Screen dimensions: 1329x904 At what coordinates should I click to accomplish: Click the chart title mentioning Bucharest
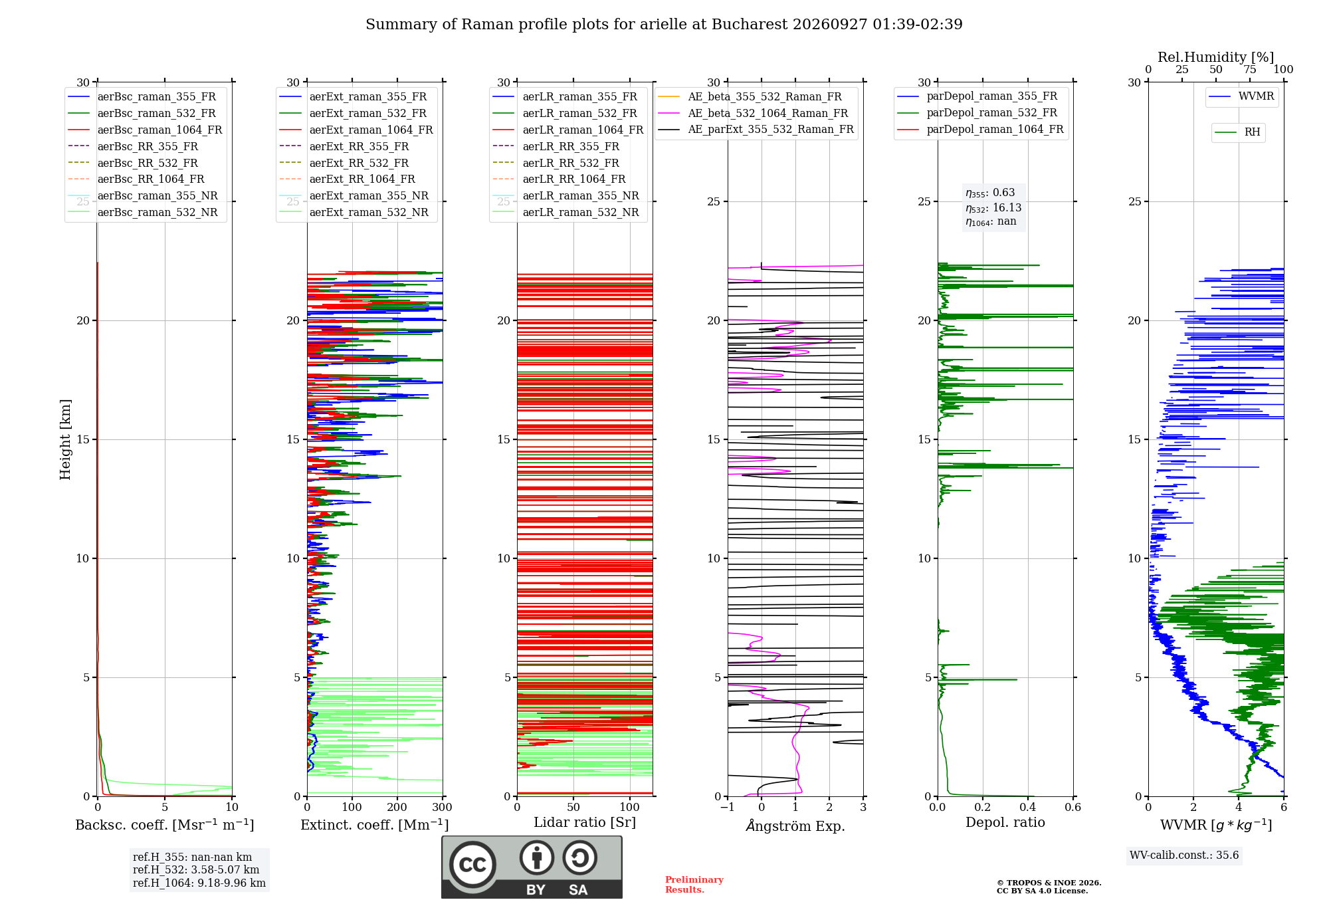(664, 25)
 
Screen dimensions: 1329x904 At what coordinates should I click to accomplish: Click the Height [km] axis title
(65, 439)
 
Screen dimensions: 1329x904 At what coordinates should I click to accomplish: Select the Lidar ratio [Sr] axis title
(585, 822)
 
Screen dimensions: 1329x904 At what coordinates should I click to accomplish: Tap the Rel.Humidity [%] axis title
(1216, 57)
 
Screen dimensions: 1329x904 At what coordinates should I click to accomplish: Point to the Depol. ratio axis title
(1005, 822)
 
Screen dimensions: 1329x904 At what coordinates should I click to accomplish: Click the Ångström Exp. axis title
(795, 826)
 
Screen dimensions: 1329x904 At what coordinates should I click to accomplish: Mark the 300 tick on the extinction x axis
(443, 807)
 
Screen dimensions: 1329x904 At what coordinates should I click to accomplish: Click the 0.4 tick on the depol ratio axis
(1028, 807)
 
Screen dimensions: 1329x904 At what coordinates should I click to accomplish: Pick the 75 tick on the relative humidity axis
(1250, 70)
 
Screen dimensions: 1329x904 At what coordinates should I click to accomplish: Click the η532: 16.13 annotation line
(993, 208)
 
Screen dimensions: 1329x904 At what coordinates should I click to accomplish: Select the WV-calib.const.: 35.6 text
(1184, 855)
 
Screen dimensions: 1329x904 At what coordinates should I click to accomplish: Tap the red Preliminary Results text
(694, 885)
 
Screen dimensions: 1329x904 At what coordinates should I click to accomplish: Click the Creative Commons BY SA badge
(532, 867)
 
